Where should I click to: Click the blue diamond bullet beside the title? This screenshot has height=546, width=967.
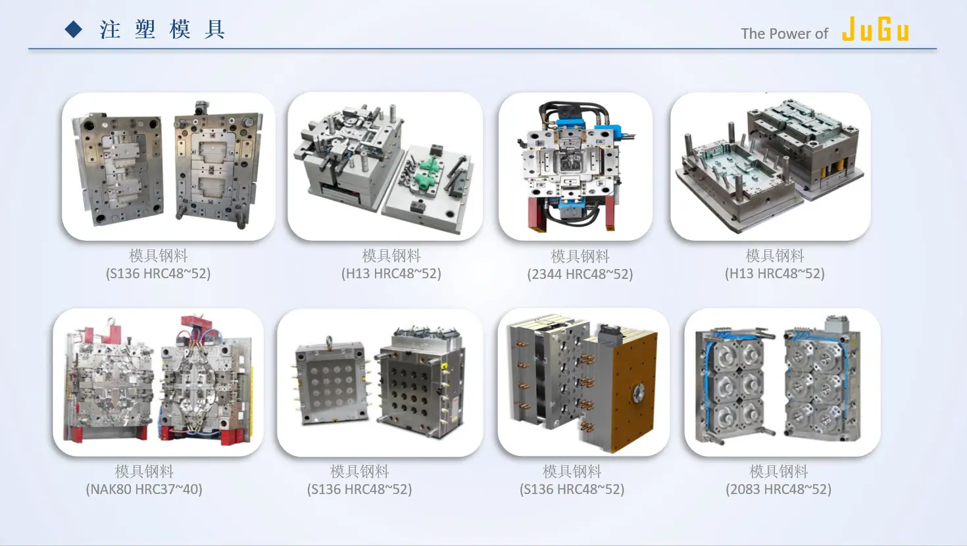click(x=74, y=30)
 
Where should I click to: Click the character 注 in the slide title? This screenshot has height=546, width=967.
click(x=110, y=30)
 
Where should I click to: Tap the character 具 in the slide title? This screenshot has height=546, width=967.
click(x=214, y=30)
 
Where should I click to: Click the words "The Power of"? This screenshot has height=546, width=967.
click(x=784, y=34)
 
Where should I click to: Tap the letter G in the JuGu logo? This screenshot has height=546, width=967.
click(x=885, y=30)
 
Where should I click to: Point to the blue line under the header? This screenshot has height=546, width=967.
click(x=483, y=49)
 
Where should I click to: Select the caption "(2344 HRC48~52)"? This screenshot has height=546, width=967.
click(x=580, y=274)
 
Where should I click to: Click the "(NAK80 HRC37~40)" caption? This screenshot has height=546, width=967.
click(x=144, y=489)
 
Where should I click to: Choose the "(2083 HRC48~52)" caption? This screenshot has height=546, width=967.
click(x=778, y=489)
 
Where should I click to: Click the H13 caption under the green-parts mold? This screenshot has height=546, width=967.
click(x=391, y=273)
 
